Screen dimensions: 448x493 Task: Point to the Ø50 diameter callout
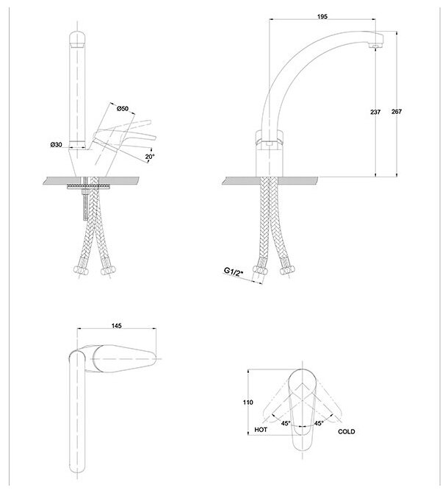123,109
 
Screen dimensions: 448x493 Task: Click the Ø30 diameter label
57,146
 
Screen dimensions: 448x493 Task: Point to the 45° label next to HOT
283,422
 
